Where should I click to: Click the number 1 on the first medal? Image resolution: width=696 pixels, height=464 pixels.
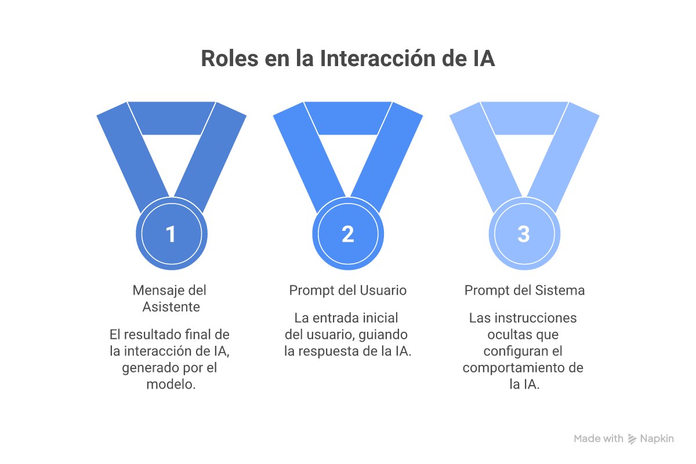pyautogui.click(x=171, y=234)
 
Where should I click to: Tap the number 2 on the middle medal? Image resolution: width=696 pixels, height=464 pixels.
pyautogui.click(x=347, y=234)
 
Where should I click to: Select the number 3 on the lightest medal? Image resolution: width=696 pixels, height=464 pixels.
pyautogui.click(x=524, y=234)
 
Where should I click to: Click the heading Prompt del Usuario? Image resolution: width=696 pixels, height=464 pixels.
pyautogui.click(x=347, y=291)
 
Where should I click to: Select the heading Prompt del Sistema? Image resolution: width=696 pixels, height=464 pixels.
pyautogui.click(x=524, y=291)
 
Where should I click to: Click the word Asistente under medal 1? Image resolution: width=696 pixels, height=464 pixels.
pyautogui.click(x=171, y=307)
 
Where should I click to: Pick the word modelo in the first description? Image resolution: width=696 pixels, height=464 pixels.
pyautogui.click(x=169, y=385)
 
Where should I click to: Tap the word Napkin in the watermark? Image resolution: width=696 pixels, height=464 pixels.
pyautogui.click(x=657, y=439)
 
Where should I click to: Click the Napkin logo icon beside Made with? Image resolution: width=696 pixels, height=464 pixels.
pyautogui.click(x=632, y=439)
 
